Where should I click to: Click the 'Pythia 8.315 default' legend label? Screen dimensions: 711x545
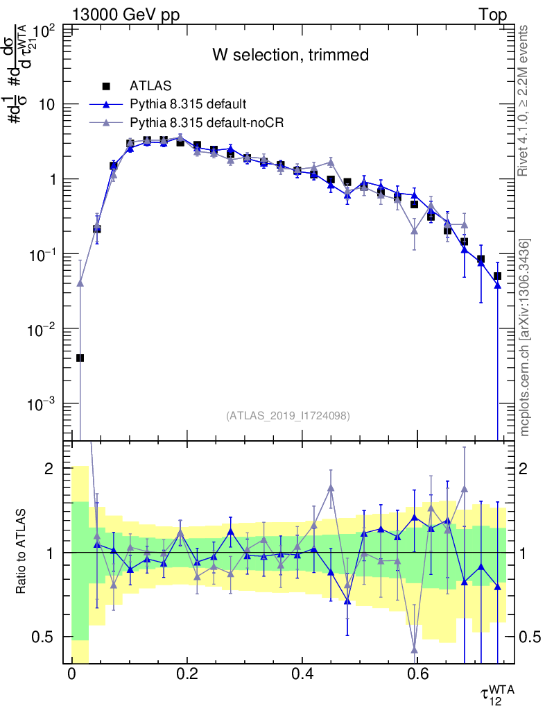click(188, 104)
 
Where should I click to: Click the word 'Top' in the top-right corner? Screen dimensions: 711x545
click(492, 15)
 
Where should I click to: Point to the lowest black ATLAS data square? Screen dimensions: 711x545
click(80, 358)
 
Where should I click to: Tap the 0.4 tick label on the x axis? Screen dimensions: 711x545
click(300, 674)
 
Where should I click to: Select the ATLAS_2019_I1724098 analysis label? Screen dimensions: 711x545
click(288, 416)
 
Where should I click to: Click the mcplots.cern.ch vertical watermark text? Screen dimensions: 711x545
click(525, 337)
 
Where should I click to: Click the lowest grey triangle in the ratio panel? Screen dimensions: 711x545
click(415, 650)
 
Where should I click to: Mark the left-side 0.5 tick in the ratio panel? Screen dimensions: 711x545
click(48, 637)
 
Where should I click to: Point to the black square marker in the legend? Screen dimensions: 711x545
click(106, 86)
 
